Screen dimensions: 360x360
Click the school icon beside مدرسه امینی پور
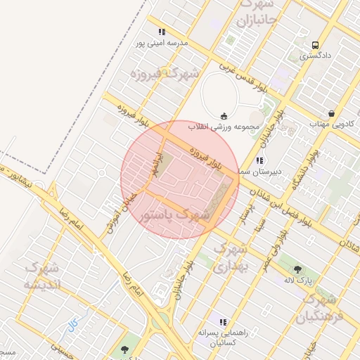162,32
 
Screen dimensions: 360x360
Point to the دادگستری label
314,54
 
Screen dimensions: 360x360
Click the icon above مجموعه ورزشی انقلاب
224,116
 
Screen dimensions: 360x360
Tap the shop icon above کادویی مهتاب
331,113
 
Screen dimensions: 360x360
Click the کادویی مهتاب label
330,124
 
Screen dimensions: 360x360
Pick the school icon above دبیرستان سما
259,160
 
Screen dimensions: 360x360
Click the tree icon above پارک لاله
297,269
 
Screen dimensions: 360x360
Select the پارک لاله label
297,281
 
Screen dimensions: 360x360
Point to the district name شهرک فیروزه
166,73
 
